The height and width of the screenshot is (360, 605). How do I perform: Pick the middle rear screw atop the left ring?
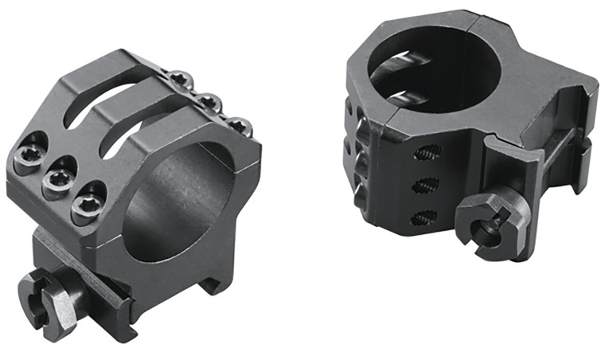[x=209, y=101]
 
